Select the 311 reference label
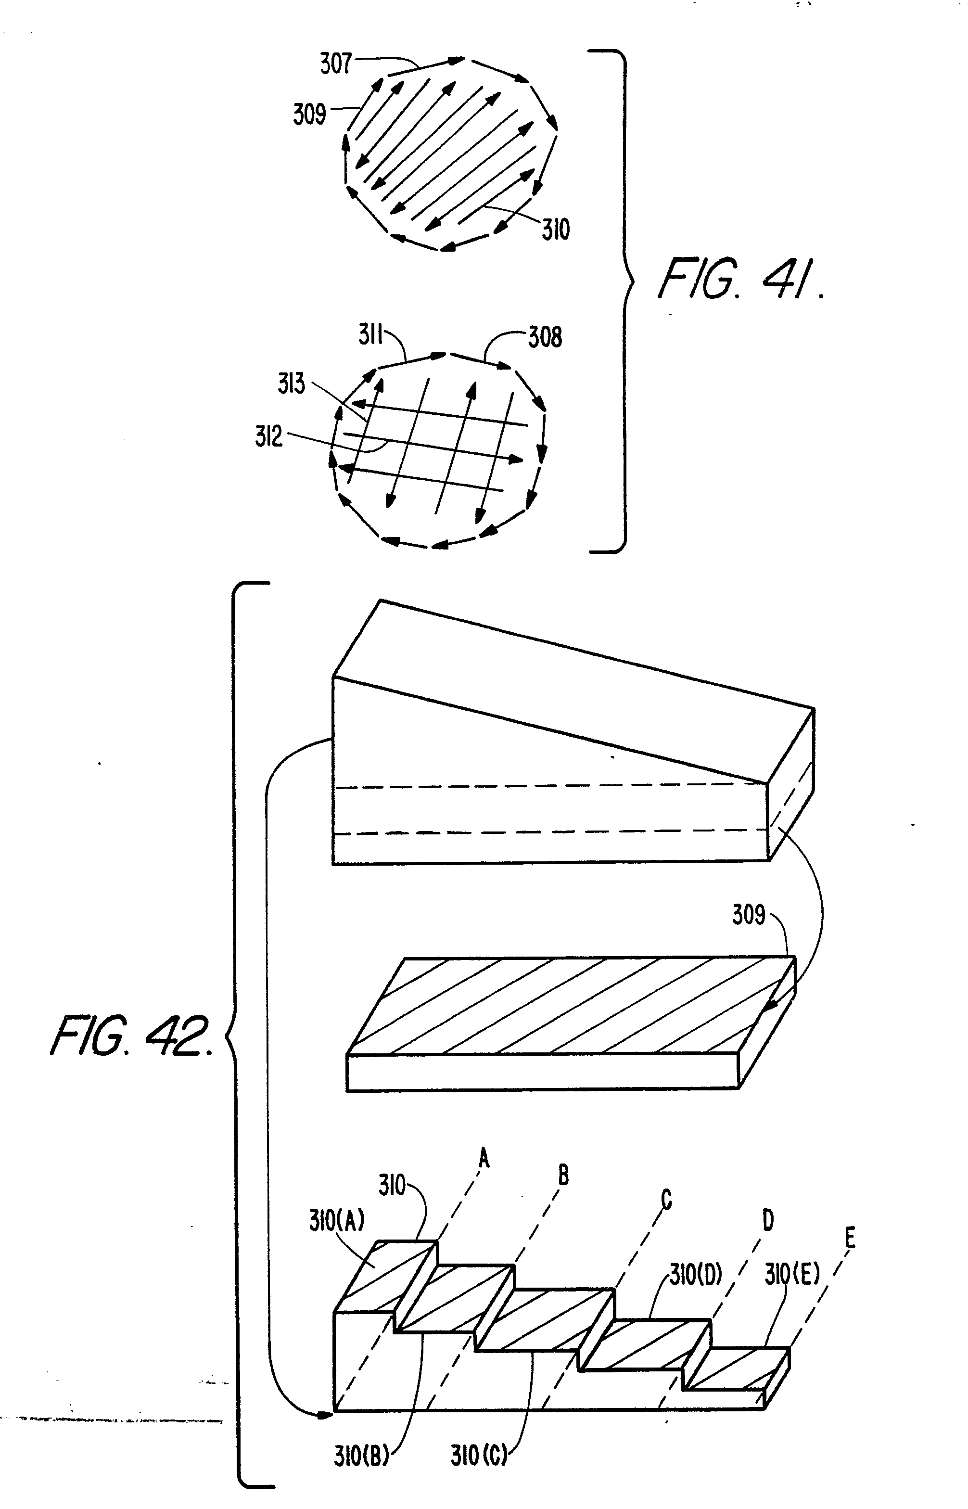(x=371, y=335)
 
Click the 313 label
(x=291, y=384)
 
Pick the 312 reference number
(x=269, y=436)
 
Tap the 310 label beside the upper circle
(x=556, y=230)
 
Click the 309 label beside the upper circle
(x=309, y=115)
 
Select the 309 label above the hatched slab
(x=749, y=914)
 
